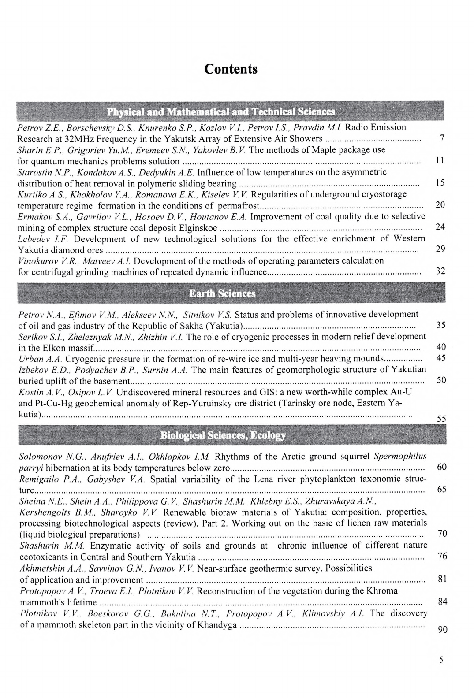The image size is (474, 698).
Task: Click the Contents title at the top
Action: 231,70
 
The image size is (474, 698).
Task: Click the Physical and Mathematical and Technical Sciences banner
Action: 220,111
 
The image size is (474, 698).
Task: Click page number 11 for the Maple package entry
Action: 440,161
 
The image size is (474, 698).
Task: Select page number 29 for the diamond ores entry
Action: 440,249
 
